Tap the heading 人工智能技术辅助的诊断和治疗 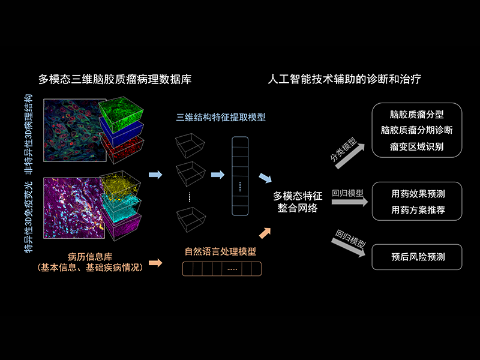[353, 79]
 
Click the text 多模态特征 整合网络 [298, 202]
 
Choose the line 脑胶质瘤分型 [416, 113]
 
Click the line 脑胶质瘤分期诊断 [416, 130]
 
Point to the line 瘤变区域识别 [416, 146]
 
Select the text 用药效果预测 [418, 194]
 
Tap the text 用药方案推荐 [418, 211]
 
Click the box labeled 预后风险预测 [418, 256]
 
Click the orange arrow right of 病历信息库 [155, 262]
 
